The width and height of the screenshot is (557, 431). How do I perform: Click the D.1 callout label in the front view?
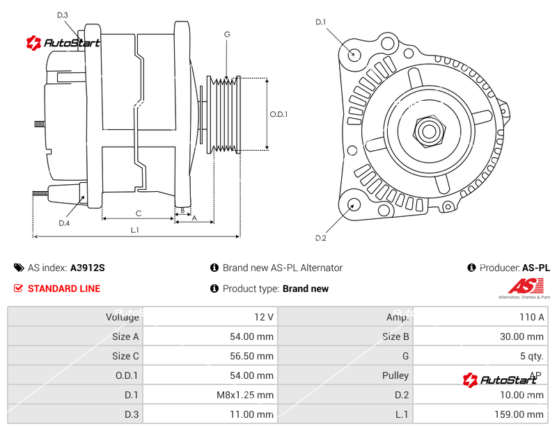pyautogui.click(x=320, y=22)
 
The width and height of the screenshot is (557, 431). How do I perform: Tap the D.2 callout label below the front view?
pyautogui.click(x=320, y=238)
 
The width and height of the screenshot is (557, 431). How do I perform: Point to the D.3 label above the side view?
pyautogui.click(x=63, y=15)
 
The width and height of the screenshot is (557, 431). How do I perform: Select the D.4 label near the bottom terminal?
pyautogui.click(x=64, y=223)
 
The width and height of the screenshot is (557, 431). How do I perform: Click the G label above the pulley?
pyautogui.click(x=227, y=35)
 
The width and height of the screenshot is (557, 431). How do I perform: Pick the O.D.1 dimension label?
pyautogui.click(x=278, y=114)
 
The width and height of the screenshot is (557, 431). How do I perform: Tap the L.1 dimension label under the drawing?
pyautogui.click(x=135, y=230)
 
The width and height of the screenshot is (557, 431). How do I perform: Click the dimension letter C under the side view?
pyautogui.click(x=138, y=213)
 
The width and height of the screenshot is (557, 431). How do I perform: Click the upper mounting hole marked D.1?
pyautogui.click(x=354, y=54)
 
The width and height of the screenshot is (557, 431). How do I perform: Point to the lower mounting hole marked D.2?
pyautogui.click(x=354, y=204)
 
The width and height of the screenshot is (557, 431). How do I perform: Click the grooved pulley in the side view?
pyautogui.click(x=225, y=113)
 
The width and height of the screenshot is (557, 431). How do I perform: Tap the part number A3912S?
pyautogui.click(x=88, y=268)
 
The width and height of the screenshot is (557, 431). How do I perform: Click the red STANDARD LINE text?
pyautogui.click(x=64, y=288)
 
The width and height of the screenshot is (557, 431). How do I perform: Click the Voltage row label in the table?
pyautogui.click(x=123, y=317)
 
